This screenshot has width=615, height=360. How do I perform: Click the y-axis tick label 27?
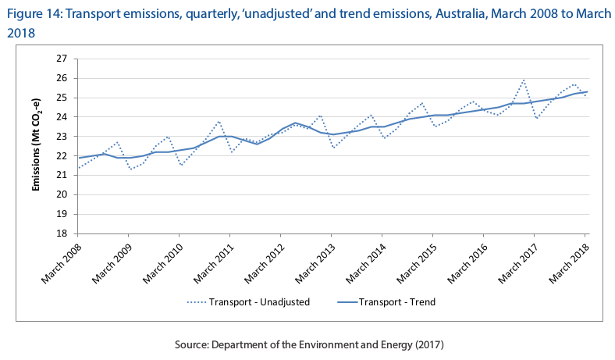62,59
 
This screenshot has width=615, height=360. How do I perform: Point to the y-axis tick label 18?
62,233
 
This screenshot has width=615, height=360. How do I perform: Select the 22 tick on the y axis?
62,155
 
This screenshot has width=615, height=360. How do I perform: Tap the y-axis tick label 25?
62,98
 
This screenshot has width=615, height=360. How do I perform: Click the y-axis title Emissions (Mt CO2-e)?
36,146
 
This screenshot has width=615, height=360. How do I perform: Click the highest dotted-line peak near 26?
523,80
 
